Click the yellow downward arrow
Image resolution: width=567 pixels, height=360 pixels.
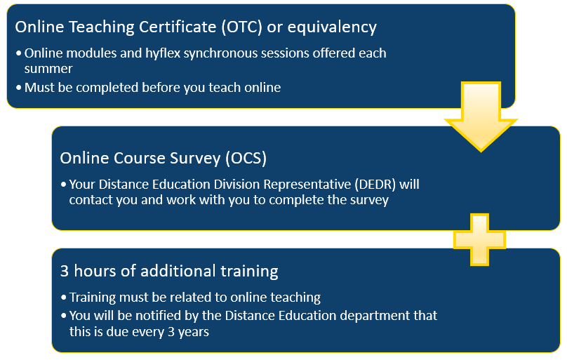coord(481,116)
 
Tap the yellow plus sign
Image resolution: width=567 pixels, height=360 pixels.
coord(479,239)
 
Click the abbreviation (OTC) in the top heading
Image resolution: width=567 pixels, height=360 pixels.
coord(242,27)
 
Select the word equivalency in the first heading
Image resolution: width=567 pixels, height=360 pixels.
coord(332,27)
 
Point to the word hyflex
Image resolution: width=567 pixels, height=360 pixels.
coord(163,53)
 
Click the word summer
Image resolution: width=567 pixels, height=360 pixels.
coord(48,69)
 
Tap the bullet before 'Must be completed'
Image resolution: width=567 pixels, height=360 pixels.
coord(19,88)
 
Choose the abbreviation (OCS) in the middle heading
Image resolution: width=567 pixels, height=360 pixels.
coord(246,159)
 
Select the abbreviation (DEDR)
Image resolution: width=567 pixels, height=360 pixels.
coord(375,185)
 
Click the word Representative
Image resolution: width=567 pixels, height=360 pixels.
coord(307,185)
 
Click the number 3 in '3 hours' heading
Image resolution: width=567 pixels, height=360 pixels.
coord(65,271)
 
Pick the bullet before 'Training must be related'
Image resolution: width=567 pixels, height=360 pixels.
coord(64,298)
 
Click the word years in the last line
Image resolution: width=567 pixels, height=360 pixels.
coord(194,332)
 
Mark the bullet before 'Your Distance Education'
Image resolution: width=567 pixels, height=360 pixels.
coord(64,185)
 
